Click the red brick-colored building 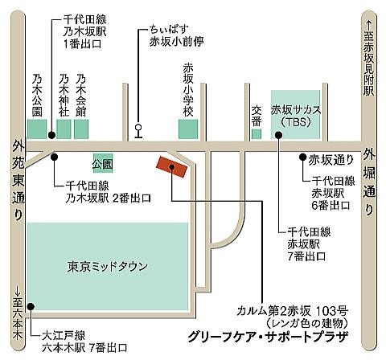click(171, 167)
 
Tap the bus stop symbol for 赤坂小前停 click(138, 132)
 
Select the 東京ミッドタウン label click(107, 267)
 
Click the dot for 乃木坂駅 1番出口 click(51, 135)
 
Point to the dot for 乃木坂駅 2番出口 click(55, 157)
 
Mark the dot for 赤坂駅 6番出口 click(303, 157)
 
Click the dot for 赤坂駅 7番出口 click(279, 135)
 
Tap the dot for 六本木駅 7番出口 click(31, 306)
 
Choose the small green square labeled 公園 click(103, 164)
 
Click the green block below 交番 click(257, 134)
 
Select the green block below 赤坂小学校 click(188, 129)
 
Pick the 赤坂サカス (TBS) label click(295, 116)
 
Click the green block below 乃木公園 click(37, 129)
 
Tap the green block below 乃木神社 click(64, 129)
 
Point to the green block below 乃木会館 click(81, 129)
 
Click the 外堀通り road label click(369, 182)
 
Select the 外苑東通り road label click(18, 181)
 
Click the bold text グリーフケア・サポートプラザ click(268, 337)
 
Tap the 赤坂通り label click(331, 160)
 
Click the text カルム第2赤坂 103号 click(293, 311)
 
